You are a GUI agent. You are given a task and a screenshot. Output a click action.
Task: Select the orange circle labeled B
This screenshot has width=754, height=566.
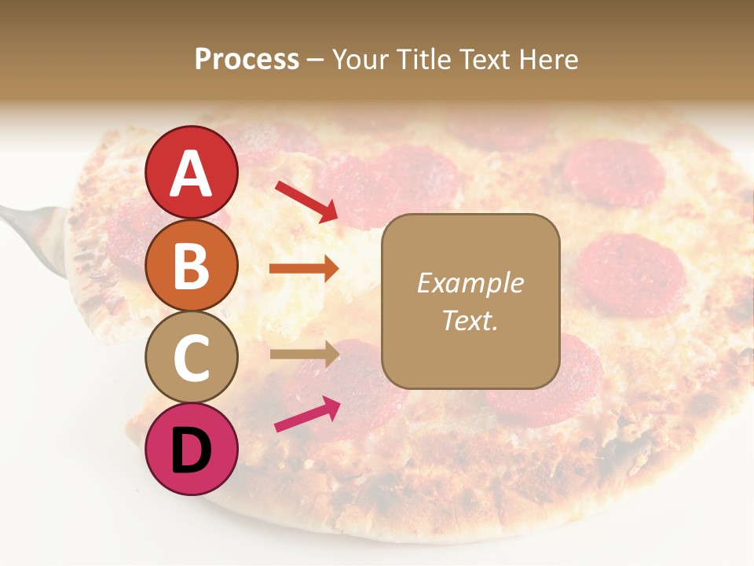click(192, 265)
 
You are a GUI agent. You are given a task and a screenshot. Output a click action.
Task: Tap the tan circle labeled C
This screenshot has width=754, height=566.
click(192, 357)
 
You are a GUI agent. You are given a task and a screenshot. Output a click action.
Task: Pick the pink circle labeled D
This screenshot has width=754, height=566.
click(192, 449)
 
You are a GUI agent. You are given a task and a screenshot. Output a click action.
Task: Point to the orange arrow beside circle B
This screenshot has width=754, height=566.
click(303, 269)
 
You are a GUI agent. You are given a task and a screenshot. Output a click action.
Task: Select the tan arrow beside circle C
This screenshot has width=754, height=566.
click(303, 354)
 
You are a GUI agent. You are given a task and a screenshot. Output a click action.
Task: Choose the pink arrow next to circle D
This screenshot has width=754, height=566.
click(306, 414)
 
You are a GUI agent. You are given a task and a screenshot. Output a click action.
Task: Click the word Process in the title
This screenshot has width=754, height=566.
click(247, 59)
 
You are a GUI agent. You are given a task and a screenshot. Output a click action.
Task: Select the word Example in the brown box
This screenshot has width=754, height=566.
click(470, 283)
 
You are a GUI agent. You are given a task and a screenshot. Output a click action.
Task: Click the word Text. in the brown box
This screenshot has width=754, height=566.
click(470, 320)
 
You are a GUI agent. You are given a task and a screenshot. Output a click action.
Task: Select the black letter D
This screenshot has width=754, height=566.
click(192, 450)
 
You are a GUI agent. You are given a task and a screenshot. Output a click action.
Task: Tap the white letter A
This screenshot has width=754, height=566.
click(192, 174)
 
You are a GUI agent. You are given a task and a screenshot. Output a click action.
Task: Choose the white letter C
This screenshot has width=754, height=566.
click(192, 358)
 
